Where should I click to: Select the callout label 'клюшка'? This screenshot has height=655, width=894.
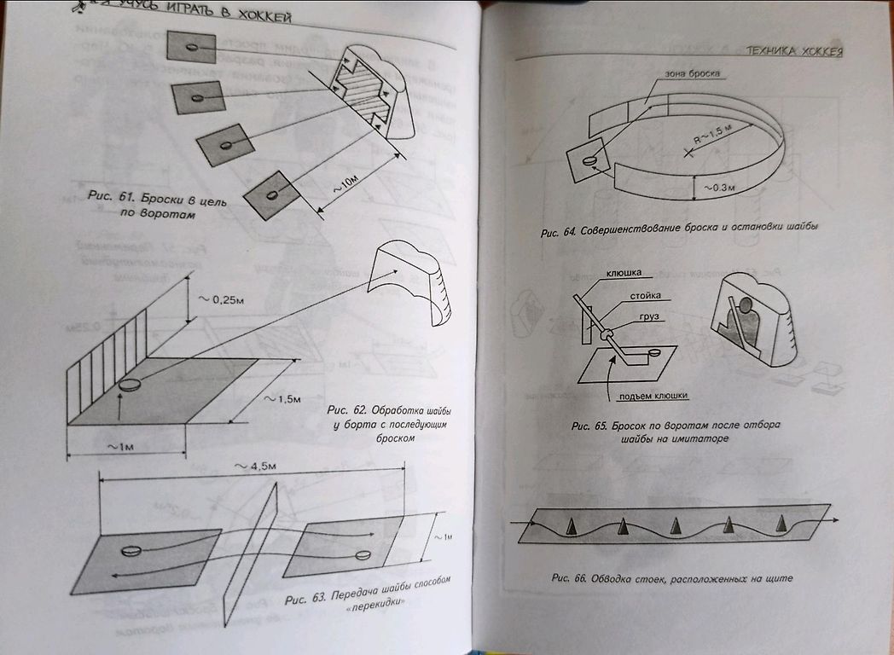click(623, 274)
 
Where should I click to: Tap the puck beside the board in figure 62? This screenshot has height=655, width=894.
click(131, 385)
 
